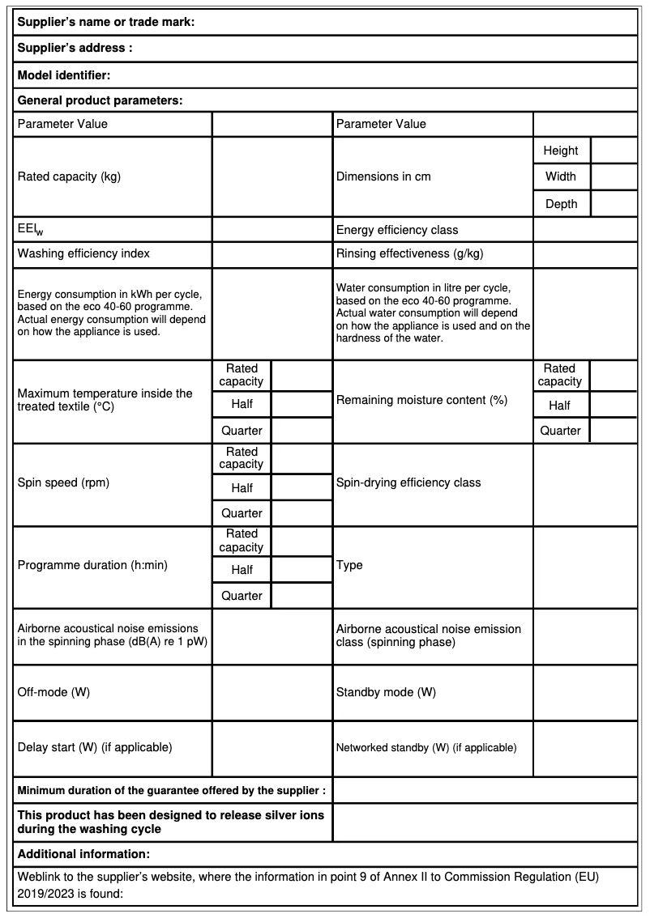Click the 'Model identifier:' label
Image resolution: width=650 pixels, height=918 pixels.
[x=64, y=75]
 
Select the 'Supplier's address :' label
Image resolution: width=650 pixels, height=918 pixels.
[x=75, y=48]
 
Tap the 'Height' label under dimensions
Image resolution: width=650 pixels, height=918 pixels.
[x=561, y=151]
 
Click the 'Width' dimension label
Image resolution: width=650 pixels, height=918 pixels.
[x=561, y=176]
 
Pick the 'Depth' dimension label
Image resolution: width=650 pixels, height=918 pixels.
[x=561, y=204]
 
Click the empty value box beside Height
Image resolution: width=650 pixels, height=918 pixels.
[x=614, y=151]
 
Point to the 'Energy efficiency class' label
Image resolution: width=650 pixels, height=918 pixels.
[x=397, y=230]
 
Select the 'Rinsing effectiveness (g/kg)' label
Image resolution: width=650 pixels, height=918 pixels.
[x=409, y=253]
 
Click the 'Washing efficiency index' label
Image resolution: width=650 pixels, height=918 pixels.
[x=83, y=253]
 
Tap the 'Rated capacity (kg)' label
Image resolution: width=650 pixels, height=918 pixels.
[x=69, y=176]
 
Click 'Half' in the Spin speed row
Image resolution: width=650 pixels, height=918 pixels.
[x=242, y=488]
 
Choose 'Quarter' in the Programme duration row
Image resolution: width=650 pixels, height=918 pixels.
[x=242, y=596]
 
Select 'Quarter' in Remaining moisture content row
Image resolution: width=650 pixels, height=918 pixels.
[x=561, y=431]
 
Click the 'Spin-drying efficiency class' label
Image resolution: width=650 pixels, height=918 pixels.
[x=408, y=482]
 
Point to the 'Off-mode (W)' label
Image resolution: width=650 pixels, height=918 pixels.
[x=53, y=693]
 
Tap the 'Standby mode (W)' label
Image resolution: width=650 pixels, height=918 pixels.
[x=386, y=693]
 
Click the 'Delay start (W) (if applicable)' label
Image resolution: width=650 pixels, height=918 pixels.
[x=95, y=747]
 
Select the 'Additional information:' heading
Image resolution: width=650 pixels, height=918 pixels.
[x=83, y=853]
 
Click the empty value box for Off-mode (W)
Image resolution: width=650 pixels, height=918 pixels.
[x=272, y=693]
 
